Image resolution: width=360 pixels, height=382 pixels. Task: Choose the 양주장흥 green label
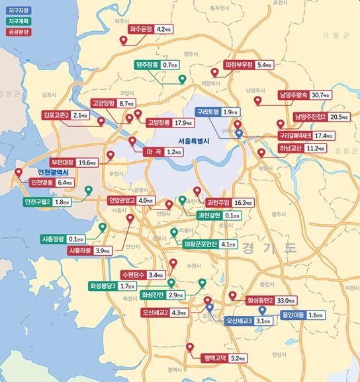coord(147,65)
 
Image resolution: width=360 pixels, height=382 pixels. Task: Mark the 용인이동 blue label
coord(293,315)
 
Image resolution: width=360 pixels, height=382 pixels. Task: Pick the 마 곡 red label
coord(154,152)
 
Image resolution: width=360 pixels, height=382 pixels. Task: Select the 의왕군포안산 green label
coord(201,245)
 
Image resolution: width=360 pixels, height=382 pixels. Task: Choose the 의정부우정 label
coord(238,65)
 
